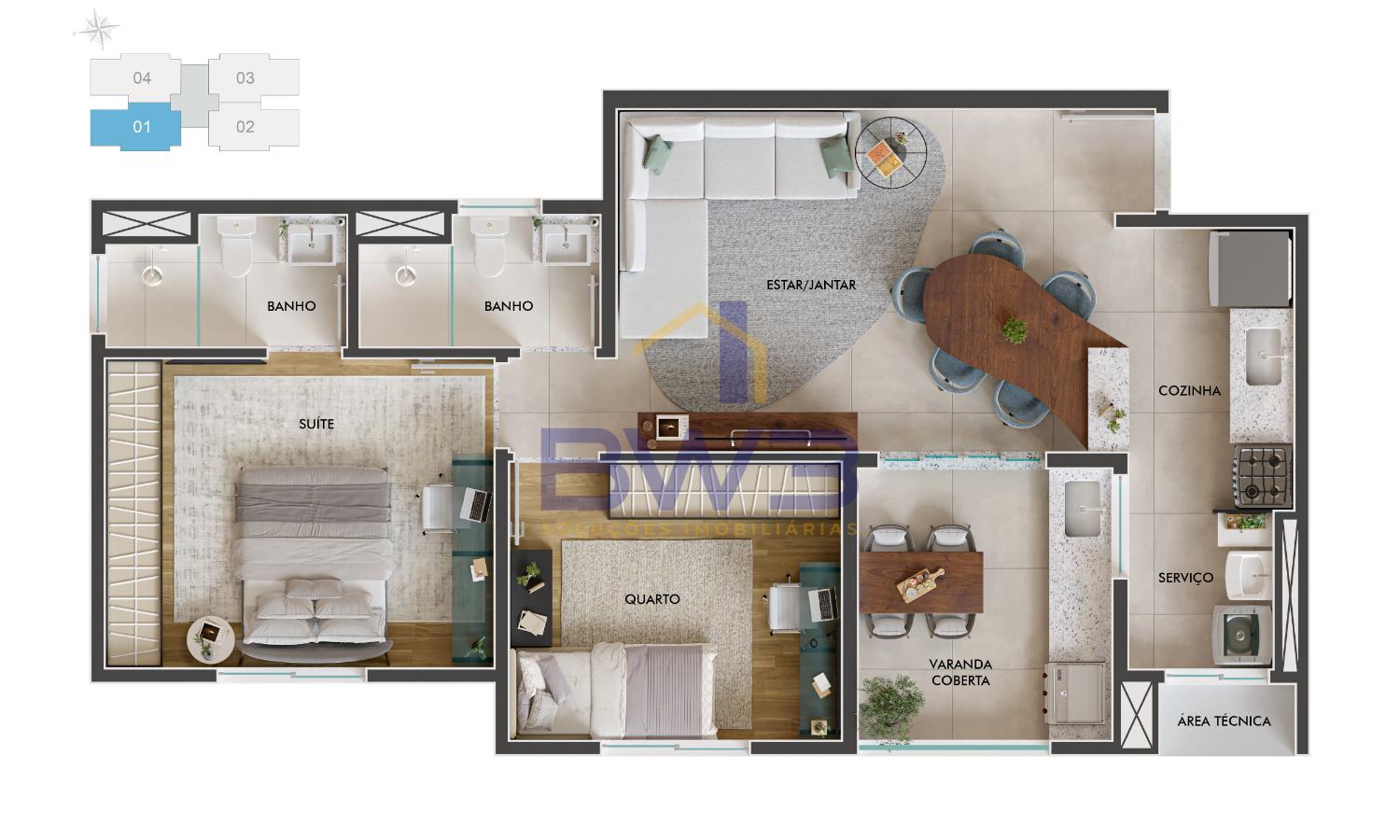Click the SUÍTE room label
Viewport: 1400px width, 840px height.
point(316,424)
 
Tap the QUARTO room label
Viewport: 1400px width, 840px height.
point(651,599)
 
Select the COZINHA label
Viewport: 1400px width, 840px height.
point(1189,391)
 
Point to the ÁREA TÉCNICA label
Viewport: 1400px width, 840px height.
point(1224,721)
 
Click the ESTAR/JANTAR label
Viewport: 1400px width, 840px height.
point(811,285)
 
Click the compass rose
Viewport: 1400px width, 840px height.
point(99,29)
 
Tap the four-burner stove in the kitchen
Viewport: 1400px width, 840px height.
point(1262,476)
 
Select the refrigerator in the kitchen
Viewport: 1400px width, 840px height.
point(1249,270)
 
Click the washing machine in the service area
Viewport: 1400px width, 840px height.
point(1242,635)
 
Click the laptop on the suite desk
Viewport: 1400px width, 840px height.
point(476,506)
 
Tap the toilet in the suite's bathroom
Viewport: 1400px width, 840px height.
point(237,246)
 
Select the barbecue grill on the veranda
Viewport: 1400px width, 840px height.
point(1076,693)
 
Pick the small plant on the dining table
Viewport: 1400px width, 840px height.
point(1015,329)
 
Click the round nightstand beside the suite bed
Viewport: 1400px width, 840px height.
point(211,640)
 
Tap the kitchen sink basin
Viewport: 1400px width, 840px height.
point(1263,357)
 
